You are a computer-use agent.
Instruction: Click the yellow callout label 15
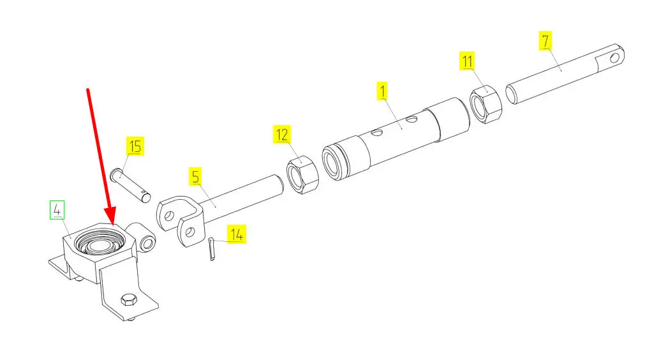click(x=135, y=147)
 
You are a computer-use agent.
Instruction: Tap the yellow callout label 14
click(x=236, y=234)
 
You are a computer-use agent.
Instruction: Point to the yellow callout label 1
click(x=383, y=91)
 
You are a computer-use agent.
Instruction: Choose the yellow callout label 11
click(x=468, y=62)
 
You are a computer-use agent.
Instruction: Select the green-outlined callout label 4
click(x=57, y=209)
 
